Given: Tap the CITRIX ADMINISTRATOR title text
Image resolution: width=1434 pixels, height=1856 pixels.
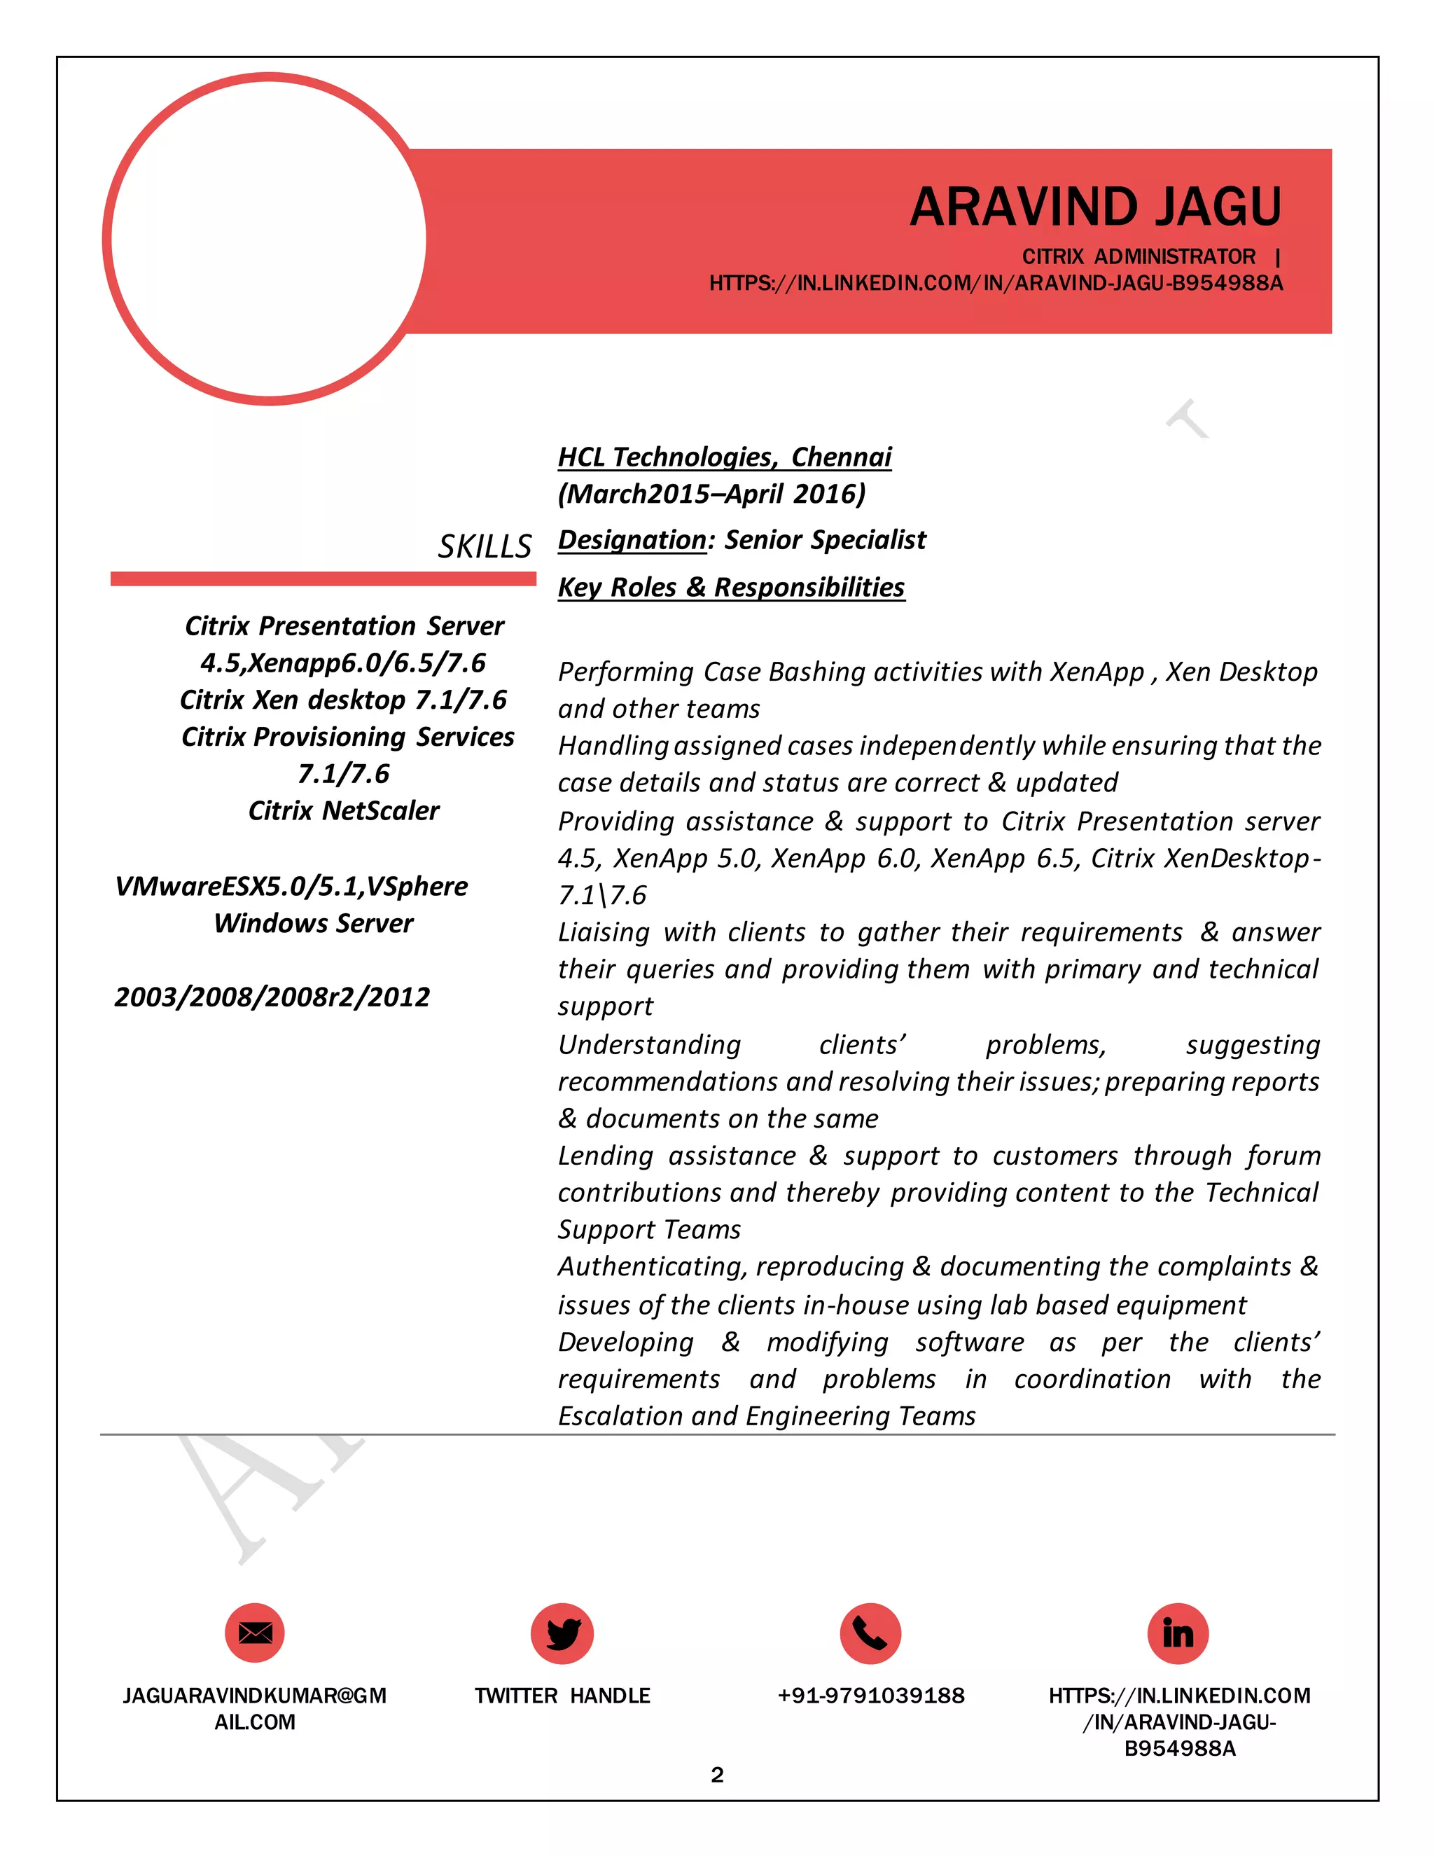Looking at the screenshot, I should click(1139, 256).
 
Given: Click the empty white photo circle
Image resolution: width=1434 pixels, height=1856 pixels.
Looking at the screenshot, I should click(268, 239).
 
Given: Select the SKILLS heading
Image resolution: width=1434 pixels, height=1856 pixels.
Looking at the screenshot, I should click(485, 546).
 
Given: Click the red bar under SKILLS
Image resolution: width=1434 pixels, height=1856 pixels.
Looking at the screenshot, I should click(323, 579).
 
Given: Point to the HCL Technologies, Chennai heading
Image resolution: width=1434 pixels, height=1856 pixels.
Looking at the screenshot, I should click(724, 457).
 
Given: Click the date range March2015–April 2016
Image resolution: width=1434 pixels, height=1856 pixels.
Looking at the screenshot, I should click(711, 494).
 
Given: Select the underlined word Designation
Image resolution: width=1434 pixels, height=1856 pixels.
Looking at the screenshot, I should click(632, 539).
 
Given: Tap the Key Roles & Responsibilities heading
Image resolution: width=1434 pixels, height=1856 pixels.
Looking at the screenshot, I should click(730, 587).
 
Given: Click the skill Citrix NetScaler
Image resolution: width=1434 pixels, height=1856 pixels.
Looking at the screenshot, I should click(343, 811).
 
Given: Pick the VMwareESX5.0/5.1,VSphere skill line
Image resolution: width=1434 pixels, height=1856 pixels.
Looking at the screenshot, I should click(291, 887).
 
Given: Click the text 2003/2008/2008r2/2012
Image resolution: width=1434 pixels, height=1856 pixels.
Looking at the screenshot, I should click(272, 997).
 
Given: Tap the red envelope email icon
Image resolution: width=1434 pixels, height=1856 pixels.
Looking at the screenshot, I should click(254, 1633).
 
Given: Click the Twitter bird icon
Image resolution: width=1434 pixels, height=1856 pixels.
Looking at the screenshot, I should click(562, 1633).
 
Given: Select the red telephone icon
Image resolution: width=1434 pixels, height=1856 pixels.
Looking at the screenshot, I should click(870, 1633).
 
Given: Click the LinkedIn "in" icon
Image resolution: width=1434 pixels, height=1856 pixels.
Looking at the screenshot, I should click(1178, 1633).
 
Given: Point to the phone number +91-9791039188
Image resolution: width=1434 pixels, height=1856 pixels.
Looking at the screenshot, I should click(871, 1696).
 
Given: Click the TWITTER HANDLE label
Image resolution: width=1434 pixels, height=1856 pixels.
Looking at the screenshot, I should click(562, 1696).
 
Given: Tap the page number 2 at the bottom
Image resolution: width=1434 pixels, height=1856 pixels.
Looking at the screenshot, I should click(717, 1775).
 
